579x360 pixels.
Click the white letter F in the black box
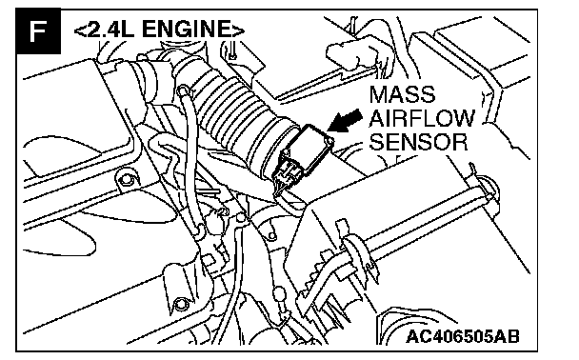[38, 31]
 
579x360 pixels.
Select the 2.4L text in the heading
[110, 29]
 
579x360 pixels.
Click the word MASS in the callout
[402, 94]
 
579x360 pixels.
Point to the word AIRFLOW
[422, 118]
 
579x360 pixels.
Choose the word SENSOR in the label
[418, 142]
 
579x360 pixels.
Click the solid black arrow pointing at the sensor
[345, 121]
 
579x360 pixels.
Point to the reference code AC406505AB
[463, 337]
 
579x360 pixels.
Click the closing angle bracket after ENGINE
[238, 30]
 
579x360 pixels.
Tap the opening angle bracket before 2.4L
[79, 30]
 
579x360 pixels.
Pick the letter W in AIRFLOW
[463, 118]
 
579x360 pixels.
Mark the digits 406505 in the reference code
[463, 337]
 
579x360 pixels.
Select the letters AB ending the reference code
[508, 337]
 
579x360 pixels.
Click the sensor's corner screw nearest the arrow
[329, 140]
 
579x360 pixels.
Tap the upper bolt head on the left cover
[127, 180]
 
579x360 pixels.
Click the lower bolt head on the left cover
[180, 304]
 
